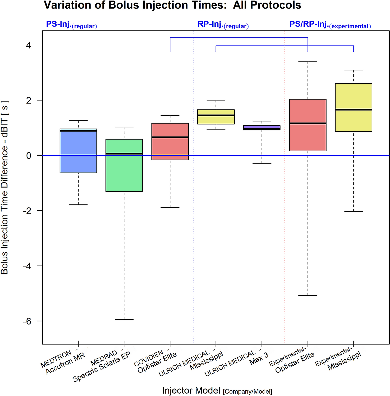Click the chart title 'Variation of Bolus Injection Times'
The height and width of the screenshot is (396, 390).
tap(172, 5)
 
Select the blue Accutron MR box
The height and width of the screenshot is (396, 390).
tap(78, 151)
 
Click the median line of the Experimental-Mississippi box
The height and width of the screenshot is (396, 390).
tap(354, 110)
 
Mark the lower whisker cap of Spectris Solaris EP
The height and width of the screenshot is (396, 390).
tap(124, 320)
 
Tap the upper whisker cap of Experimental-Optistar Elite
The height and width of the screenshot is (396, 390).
tap(308, 61)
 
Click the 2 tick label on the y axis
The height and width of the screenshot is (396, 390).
tap(29, 100)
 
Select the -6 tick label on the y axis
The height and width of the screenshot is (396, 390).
tap(27, 321)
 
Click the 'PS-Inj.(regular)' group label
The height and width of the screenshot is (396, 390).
tap(71, 25)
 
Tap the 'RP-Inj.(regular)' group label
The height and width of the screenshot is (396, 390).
tap(223, 25)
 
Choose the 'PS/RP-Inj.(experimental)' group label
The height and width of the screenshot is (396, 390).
tap(330, 25)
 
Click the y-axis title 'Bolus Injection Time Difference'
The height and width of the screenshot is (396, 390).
tap(5, 187)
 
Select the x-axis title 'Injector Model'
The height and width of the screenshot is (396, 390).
tap(217, 391)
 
